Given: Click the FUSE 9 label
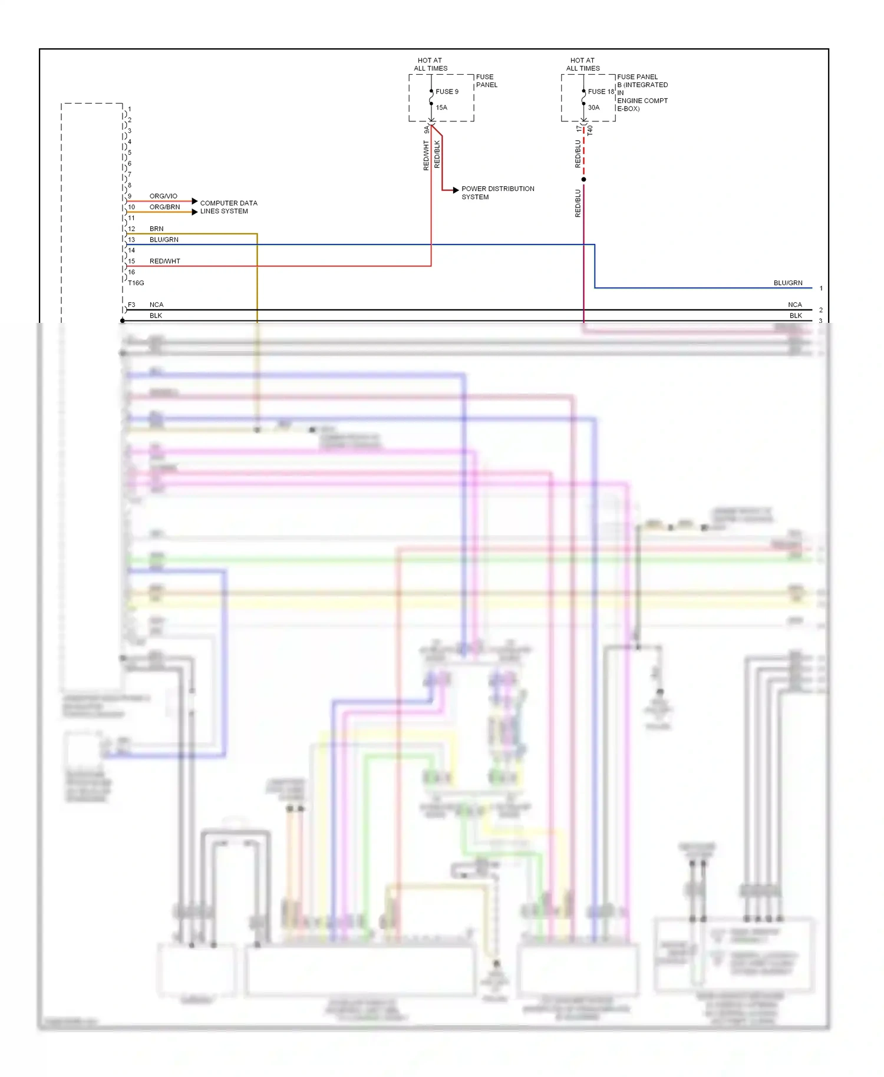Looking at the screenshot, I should (x=447, y=91).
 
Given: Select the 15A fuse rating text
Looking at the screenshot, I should (x=441, y=107).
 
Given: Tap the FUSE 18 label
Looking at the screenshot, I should (x=601, y=91).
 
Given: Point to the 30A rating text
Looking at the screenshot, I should (x=593, y=107).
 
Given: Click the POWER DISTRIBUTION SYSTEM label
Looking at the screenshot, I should (x=497, y=193).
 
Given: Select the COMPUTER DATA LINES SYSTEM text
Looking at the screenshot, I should (x=228, y=207).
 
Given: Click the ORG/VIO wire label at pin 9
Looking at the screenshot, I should (x=163, y=196).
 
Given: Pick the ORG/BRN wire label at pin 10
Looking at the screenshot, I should (x=164, y=207).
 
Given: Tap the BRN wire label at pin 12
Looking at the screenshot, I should (x=156, y=229).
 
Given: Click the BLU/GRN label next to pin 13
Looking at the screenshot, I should (x=164, y=240).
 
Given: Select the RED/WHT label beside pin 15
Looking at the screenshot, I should (x=164, y=261).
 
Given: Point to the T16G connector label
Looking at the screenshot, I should (x=136, y=283).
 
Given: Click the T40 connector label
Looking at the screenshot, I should (x=590, y=131).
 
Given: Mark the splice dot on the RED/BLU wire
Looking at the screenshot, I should (x=583, y=179).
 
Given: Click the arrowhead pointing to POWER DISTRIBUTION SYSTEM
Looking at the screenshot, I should (x=456, y=190).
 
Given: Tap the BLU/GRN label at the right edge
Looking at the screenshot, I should (x=788, y=283).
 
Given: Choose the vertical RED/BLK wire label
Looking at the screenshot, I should (x=437, y=154).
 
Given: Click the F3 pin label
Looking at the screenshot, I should (x=131, y=305).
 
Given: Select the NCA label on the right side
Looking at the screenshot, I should (x=794, y=305).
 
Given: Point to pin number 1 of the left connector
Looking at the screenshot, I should (x=130, y=109).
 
